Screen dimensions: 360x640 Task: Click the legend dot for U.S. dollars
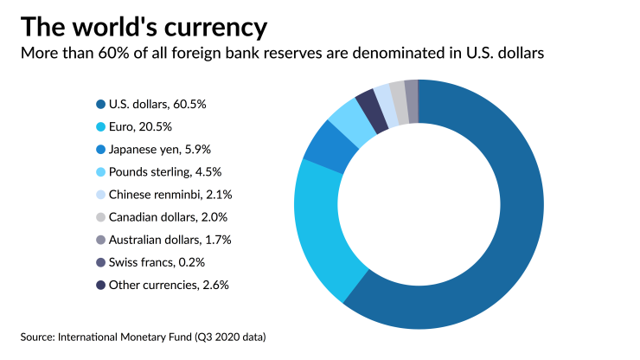tap(100, 104)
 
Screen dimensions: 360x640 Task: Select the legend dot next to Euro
tap(100, 126)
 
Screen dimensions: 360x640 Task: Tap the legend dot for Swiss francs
tap(100, 262)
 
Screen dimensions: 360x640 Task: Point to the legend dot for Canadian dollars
tap(100, 217)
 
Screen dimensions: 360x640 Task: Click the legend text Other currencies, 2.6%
tap(169, 285)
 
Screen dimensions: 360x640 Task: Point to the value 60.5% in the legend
tap(189, 104)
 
